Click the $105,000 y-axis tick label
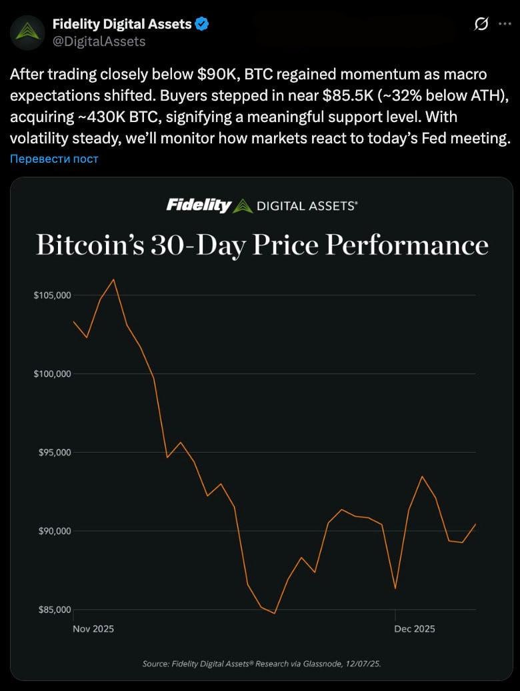point(52,295)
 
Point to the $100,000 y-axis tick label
point(52,374)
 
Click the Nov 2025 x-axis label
point(93,629)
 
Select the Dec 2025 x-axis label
point(415,629)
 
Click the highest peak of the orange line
point(114,279)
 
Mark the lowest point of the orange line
point(275,613)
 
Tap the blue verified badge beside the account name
point(203,25)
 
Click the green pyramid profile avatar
point(27,32)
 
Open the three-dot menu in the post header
point(505,24)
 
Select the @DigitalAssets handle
point(99,41)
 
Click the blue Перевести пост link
point(54,159)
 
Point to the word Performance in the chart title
point(407,245)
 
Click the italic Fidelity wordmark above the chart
point(199,205)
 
